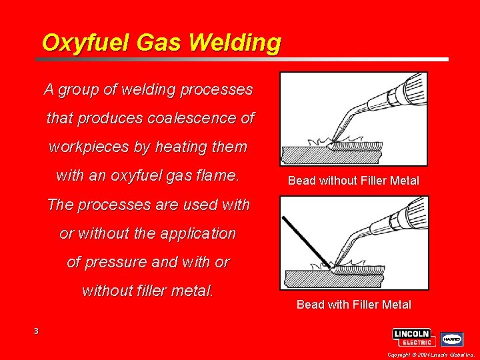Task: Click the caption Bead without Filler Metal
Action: point(353,181)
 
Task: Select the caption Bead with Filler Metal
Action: point(353,305)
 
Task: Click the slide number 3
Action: point(37,331)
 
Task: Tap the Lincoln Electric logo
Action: point(413,337)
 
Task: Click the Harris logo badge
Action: point(451,338)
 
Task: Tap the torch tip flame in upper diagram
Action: point(333,141)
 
